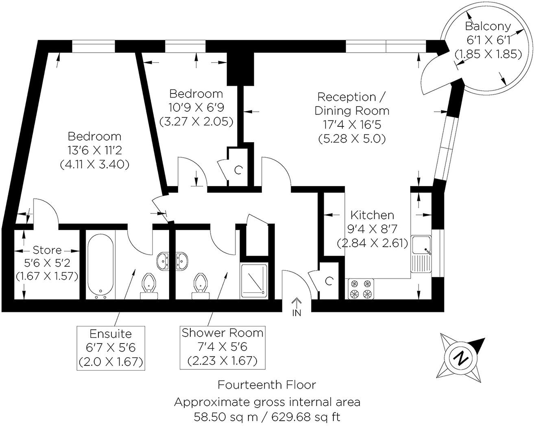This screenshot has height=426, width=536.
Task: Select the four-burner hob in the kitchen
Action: (x=361, y=289)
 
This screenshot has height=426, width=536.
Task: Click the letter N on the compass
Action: (x=461, y=358)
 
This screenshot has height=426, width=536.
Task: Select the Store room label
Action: (x=47, y=250)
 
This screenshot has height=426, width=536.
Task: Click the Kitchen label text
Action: (x=372, y=215)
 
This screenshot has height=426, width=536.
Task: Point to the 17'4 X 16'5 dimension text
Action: (x=351, y=124)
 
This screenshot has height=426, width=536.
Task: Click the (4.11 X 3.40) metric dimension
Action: (x=94, y=164)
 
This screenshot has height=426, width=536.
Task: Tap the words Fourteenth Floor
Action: (x=267, y=385)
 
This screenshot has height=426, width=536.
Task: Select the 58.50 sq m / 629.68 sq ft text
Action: (x=267, y=417)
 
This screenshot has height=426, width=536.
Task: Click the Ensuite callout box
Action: (x=111, y=348)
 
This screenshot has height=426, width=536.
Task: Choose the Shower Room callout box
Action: (x=222, y=347)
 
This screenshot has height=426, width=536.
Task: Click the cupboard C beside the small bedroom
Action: (x=238, y=170)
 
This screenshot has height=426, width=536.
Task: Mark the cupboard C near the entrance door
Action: (x=329, y=281)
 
